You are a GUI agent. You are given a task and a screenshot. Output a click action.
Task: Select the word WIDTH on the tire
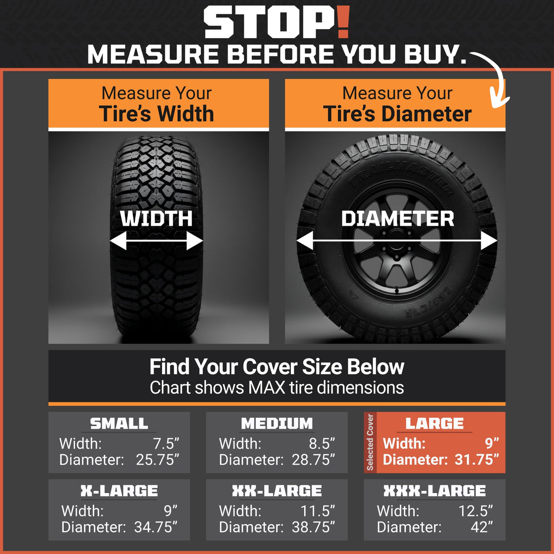coord(157,219)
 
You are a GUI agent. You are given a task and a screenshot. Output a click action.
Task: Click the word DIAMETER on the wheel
coord(397,219)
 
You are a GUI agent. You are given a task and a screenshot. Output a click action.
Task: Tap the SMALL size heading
coord(119,423)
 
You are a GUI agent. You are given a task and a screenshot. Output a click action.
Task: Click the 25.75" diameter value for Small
coord(157,460)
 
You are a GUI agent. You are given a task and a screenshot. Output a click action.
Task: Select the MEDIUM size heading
coord(277,423)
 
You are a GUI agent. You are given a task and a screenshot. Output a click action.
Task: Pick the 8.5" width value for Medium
coord(322,444)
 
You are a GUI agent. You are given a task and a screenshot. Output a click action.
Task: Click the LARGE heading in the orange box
coord(434,423)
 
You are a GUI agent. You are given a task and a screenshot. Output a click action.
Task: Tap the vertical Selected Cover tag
coord(370,442)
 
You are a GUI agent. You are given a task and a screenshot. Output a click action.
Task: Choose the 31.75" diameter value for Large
coord(476,460)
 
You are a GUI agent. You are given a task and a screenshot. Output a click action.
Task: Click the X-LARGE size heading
coord(119,491)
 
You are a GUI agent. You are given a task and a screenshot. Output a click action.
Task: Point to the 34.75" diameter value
coord(156,527)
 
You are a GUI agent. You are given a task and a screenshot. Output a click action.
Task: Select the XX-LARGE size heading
coord(277,491)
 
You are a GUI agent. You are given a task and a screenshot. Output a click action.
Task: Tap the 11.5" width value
coord(318,511)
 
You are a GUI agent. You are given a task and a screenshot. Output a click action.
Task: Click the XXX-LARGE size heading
coord(434,491)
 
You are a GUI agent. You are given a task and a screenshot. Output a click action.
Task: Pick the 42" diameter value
coord(482,527)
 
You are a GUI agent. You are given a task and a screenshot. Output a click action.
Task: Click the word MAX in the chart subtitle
coord(266,387)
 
